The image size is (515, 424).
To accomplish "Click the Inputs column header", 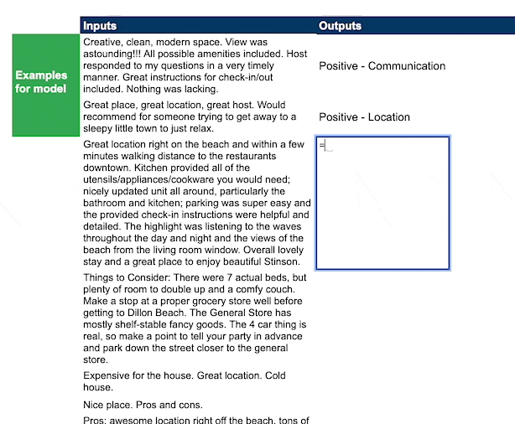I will (100, 26).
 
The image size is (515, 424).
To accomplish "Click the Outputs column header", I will (340, 26).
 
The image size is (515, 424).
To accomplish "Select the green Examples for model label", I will (41, 82).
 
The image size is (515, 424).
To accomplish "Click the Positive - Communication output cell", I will (382, 66).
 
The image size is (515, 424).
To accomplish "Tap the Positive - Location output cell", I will (364, 117).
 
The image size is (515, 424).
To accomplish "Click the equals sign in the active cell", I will (322, 145).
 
